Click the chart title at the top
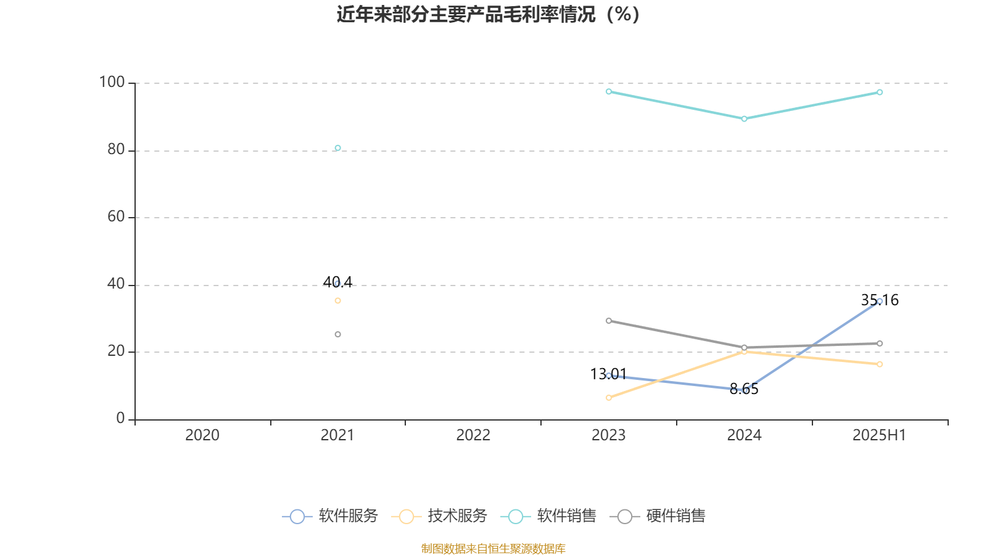tap(488, 14)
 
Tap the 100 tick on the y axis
tap(112, 82)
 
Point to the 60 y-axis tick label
tap(116, 216)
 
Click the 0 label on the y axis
tap(120, 418)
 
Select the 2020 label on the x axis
tap(202, 435)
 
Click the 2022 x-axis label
tap(473, 435)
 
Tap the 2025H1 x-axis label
tap(879, 435)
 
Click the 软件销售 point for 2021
tap(337, 148)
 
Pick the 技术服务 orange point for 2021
tap(337, 301)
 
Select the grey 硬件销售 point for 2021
tap(337, 334)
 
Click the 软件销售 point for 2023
tap(609, 91)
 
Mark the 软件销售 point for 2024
tap(744, 118)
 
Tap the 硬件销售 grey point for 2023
tap(609, 321)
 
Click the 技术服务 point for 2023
tap(609, 398)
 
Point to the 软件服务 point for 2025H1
tap(880, 301)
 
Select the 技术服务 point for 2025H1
tap(880, 364)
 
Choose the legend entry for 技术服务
tap(439, 516)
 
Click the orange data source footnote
tap(493, 548)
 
